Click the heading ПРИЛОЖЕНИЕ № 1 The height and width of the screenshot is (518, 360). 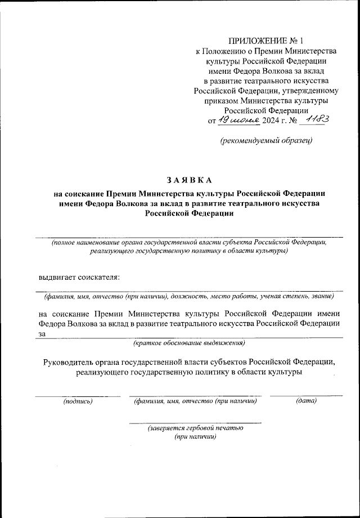point(265,41)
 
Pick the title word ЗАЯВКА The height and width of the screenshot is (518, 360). point(188,180)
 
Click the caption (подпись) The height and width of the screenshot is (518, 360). point(78,401)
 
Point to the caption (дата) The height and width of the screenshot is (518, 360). point(306,401)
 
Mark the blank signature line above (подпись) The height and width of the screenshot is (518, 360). point(78,396)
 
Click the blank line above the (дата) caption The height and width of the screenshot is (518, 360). point(306,396)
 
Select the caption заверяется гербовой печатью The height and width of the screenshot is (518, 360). point(195,428)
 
